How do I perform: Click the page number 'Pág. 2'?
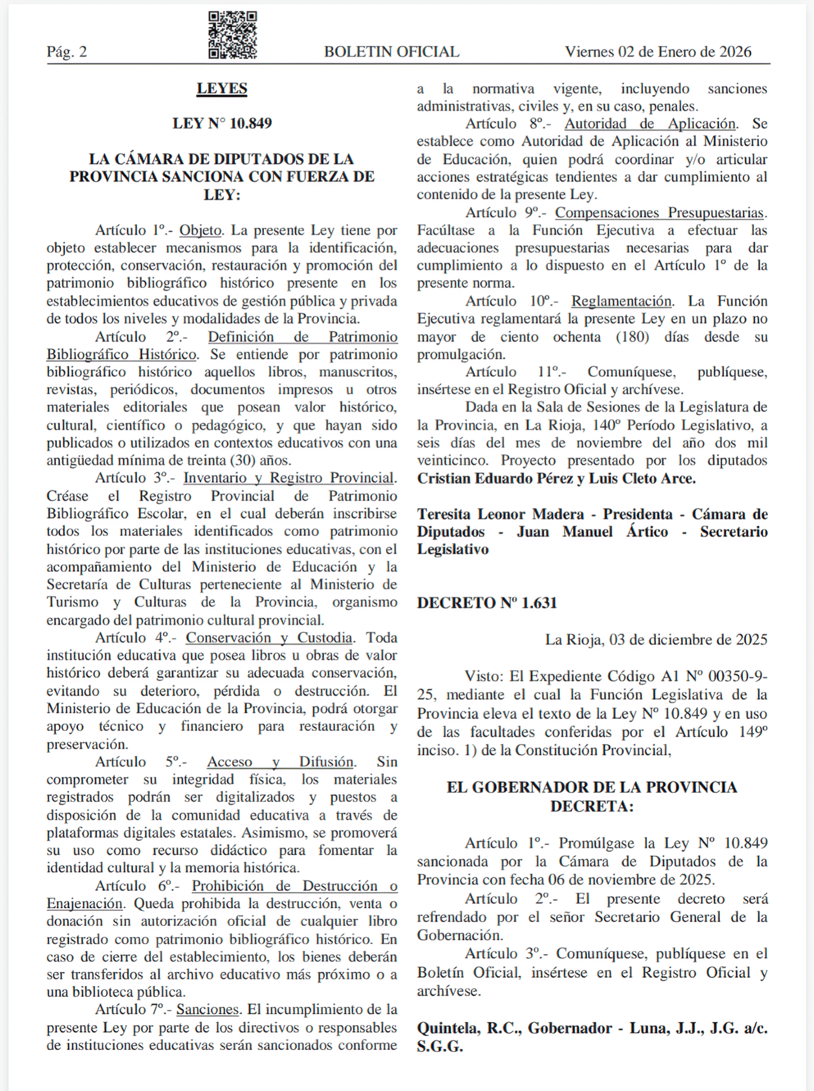(x=67, y=52)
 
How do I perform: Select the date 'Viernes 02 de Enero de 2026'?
(x=658, y=52)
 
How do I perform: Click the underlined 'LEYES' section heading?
(x=222, y=89)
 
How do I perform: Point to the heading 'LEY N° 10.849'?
(x=222, y=123)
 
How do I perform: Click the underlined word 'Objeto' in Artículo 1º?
(x=200, y=230)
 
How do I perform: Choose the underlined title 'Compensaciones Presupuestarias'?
(x=659, y=213)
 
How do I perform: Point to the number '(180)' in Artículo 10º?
(x=633, y=337)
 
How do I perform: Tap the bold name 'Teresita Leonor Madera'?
(x=500, y=514)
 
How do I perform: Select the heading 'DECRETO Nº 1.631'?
(x=487, y=603)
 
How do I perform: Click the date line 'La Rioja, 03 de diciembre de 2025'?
(x=656, y=640)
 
